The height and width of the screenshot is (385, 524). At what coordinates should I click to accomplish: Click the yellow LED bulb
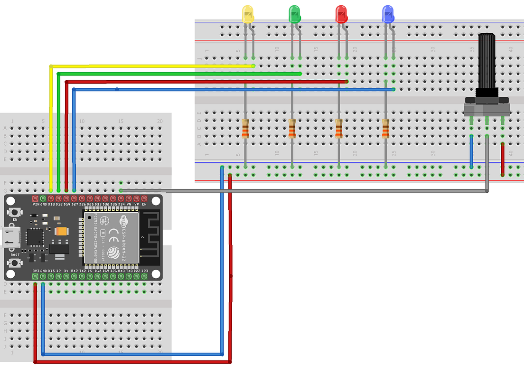pos(247,14)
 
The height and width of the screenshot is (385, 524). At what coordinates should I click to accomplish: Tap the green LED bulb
pos(294,14)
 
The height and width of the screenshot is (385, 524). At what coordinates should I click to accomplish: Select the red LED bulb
pos(341,14)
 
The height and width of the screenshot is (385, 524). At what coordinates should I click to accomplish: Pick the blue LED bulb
pos(388,14)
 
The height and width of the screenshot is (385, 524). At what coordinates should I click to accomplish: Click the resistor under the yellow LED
pos(245,128)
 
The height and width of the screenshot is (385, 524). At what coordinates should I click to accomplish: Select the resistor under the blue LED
pos(385,128)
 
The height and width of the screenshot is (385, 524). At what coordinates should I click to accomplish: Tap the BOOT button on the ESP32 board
pos(15,263)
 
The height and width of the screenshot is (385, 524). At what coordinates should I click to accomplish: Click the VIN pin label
pos(36,204)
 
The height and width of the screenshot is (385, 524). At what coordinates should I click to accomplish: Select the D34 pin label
pos(121,204)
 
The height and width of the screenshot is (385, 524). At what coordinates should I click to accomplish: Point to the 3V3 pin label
pos(36,271)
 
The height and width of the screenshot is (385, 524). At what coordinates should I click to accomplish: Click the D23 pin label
pos(144,271)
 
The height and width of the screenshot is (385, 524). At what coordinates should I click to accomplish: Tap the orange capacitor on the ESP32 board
pos(61,232)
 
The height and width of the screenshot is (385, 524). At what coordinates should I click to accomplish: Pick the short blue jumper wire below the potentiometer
pos(471,152)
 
